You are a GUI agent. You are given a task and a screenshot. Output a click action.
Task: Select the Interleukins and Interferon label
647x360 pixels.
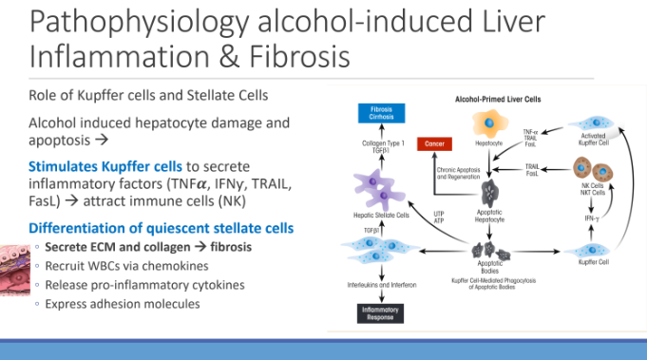point(378,282)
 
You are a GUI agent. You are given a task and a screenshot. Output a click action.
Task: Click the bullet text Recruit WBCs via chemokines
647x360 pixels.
point(117,266)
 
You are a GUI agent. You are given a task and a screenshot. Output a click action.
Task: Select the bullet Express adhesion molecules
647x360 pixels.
point(115,304)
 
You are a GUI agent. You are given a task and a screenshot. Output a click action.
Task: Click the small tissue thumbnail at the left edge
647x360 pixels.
point(12,265)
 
